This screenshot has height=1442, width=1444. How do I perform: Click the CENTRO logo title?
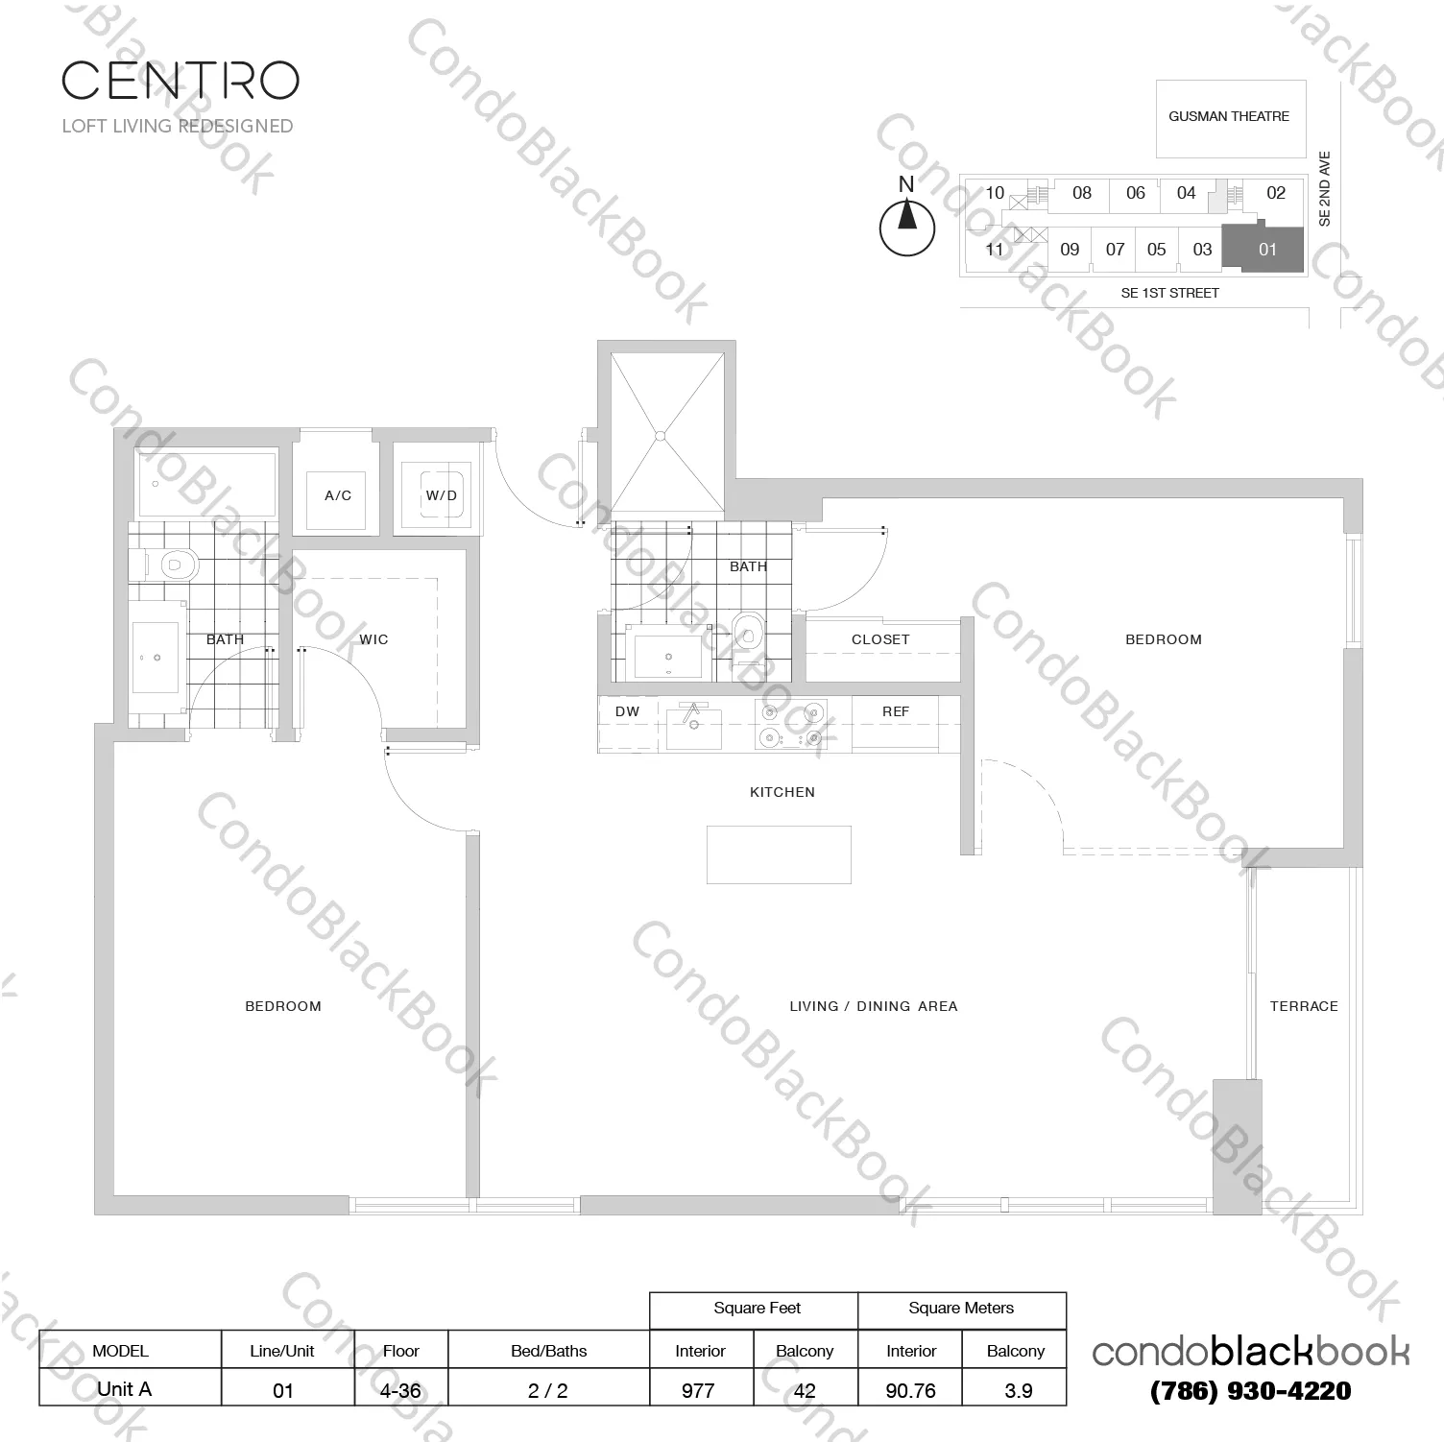click(180, 81)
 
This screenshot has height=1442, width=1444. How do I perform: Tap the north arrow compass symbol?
click(906, 228)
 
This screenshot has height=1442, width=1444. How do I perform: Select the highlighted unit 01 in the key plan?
click(1263, 250)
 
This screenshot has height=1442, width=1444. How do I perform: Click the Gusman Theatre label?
click(1228, 117)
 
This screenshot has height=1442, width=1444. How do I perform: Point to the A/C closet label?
click(338, 495)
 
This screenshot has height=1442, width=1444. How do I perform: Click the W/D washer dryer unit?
click(442, 495)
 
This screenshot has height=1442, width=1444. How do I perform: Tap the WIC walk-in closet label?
click(373, 639)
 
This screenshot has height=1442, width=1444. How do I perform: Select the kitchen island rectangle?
click(779, 854)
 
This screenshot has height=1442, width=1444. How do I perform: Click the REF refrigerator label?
click(895, 711)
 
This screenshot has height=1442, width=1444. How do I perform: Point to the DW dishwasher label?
click(627, 711)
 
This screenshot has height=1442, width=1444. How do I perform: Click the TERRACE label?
click(1303, 1006)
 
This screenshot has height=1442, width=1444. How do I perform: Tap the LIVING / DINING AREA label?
click(873, 1006)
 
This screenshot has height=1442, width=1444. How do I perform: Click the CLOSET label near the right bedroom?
click(879, 639)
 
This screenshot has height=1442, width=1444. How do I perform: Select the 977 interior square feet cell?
click(698, 1389)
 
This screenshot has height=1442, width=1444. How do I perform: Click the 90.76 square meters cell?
click(910, 1389)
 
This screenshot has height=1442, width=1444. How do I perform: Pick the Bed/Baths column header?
click(548, 1351)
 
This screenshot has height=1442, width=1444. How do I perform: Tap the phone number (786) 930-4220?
click(1250, 1391)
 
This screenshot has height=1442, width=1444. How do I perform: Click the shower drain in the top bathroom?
click(660, 436)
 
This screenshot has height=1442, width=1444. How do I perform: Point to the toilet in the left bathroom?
click(174, 565)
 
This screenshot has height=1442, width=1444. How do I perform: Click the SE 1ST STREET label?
click(1169, 293)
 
